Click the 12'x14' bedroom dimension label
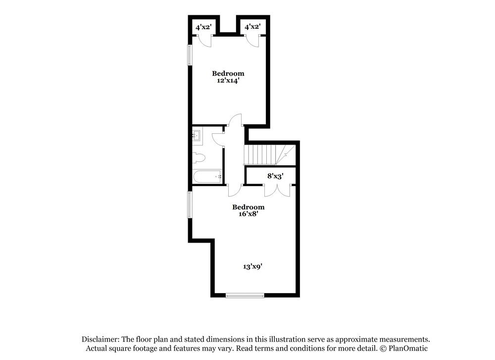(x=228, y=81)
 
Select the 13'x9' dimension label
(x=252, y=266)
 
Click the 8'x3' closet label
(x=275, y=175)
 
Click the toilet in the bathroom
(x=198, y=158)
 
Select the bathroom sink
(x=196, y=135)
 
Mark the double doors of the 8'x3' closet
(x=276, y=190)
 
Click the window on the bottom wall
(x=245, y=296)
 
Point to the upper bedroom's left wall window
(x=189, y=55)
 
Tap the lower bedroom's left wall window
(x=189, y=205)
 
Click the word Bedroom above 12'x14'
(x=228, y=73)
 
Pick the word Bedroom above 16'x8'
(x=248, y=206)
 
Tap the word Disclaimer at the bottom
(x=99, y=339)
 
